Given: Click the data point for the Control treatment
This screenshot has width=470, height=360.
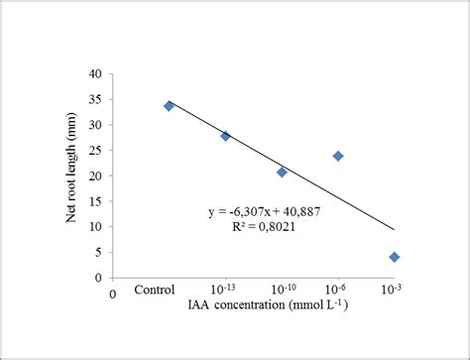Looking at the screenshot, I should point(169,106).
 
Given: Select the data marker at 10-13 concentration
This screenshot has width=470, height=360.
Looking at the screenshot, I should point(225,136).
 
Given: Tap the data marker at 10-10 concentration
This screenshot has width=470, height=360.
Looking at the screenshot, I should point(282,172).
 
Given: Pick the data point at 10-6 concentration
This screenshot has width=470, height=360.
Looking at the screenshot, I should point(338,156).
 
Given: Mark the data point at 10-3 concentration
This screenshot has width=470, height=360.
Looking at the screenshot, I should point(395,257).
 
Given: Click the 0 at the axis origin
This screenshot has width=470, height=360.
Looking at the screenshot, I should point(114,295).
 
